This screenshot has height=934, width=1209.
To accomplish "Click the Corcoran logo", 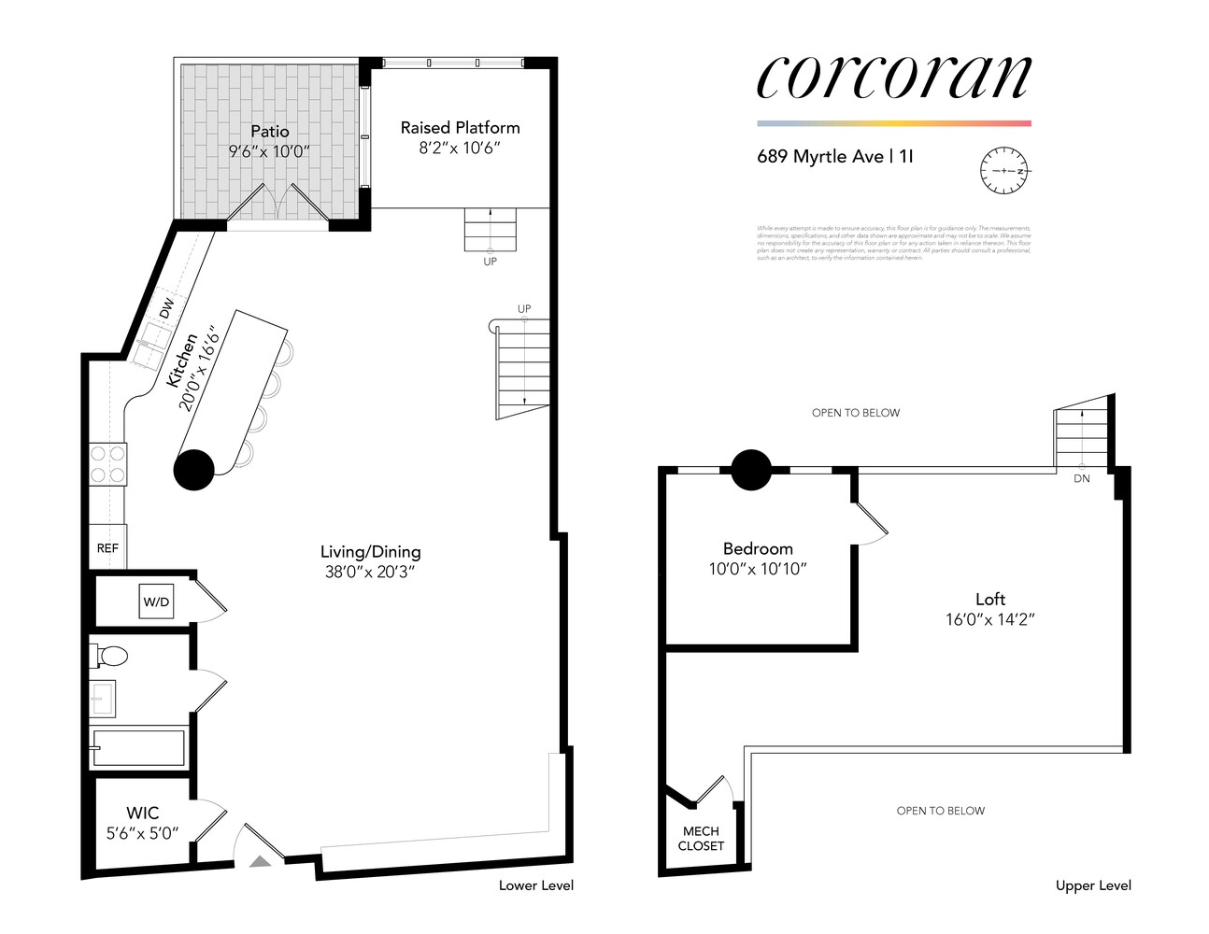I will pos(893,77).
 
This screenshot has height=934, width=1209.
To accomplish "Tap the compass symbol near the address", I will pos(1003,171).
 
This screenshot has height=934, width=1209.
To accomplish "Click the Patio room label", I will pos(269,132).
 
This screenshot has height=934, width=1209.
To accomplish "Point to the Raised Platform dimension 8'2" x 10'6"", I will pos(460,148).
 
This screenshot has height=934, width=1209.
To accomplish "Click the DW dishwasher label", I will pos(166,308).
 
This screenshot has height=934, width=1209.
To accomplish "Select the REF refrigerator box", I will pos(107,548).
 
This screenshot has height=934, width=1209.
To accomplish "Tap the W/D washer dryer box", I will pos(156,601).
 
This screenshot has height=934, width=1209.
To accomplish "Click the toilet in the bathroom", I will pos(109,656).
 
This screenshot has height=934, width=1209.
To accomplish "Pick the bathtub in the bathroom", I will pos(139,748).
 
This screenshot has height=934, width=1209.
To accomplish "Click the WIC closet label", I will pos(142,814).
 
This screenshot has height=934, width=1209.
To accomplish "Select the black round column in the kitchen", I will pos(194,470).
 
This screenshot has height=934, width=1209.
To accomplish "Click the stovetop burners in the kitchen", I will pos(107,464).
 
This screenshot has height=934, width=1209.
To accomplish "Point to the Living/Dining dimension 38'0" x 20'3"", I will pos(370,572).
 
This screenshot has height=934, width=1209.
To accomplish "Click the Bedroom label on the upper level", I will pos(758,549).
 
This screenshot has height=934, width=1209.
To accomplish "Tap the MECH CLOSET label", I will pos(701,838).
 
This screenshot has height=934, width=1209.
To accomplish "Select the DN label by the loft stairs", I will pos(1081,478).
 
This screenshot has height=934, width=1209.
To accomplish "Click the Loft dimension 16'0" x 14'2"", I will pos(989,619).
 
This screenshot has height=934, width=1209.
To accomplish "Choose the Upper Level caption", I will pos(1093,885).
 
